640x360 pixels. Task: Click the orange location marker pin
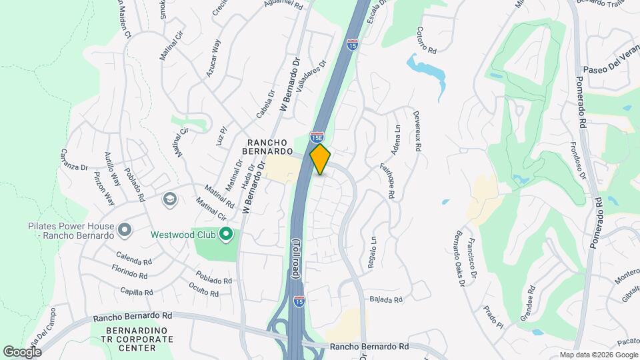tap(321, 159)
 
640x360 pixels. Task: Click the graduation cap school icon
tap(169, 199)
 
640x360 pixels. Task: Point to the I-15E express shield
tap(317, 137)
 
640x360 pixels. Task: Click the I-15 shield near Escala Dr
tap(352, 45)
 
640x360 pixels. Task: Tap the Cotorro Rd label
tap(426, 40)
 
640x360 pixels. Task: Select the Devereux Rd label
tap(417, 132)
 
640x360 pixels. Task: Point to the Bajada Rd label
tap(386, 300)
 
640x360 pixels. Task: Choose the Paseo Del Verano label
tap(611, 69)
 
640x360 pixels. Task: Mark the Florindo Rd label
tap(130, 274)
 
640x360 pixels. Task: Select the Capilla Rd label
tap(136, 291)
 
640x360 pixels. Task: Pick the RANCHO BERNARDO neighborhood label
tap(267, 148)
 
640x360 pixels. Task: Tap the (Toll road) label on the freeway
tap(296, 259)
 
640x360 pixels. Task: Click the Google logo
tap(22, 351)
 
